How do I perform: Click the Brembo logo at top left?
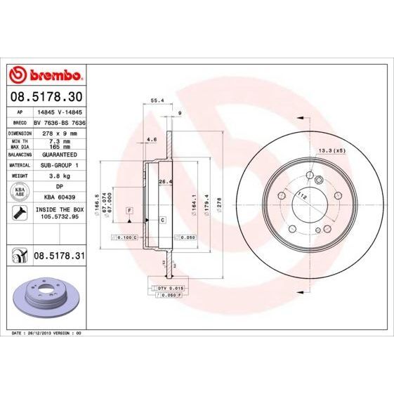click(x=46, y=74)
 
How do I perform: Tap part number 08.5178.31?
click(x=59, y=257)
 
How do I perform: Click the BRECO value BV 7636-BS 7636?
click(x=60, y=122)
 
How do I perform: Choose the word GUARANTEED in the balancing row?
click(x=58, y=153)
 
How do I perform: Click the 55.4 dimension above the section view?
click(x=157, y=100)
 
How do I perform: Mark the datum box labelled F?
click(x=129, y=211)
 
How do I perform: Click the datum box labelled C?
click(x=162, y=220)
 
